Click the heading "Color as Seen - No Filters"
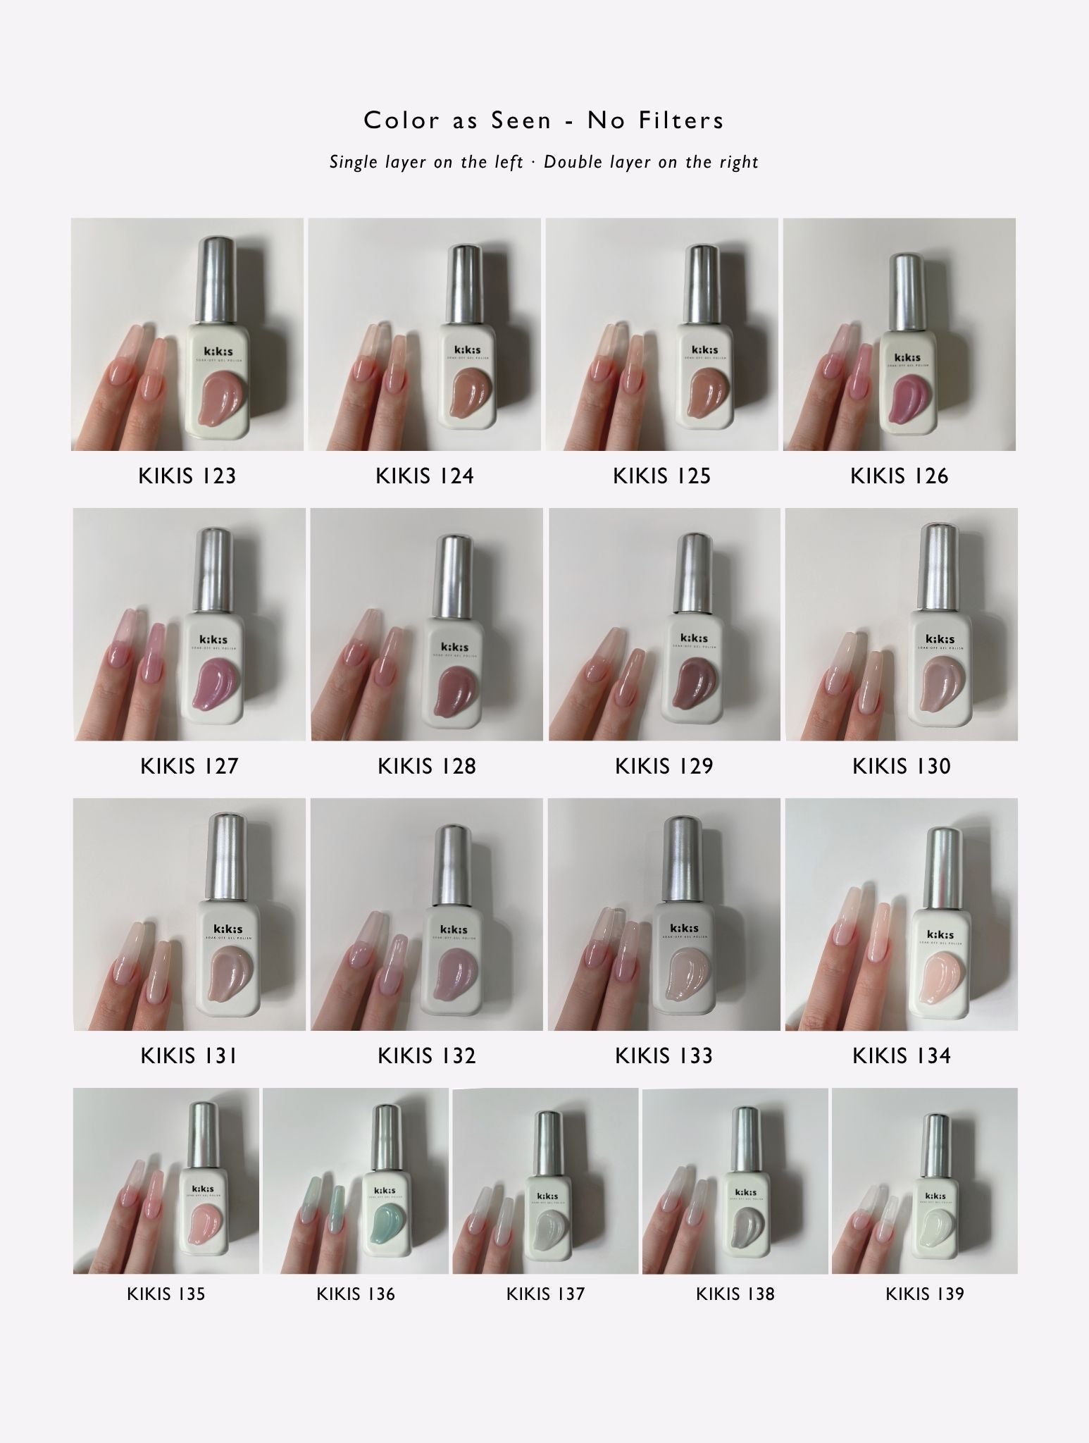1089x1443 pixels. (x=544, y=120)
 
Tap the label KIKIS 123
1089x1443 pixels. (x=187, y=476)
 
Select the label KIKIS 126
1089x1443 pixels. (x=899, y=476)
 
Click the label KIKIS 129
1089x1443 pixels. (x=664, y=766)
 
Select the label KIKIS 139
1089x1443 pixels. (x=924, y=1294)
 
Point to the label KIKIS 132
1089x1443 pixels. (x=426, y=1055)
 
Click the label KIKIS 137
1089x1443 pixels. (x=545, y=1294)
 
